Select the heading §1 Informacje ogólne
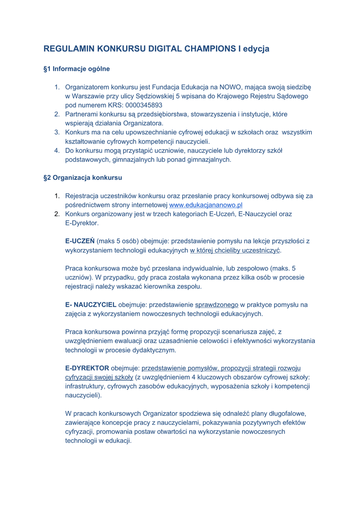click(x=77, y=68)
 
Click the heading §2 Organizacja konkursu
click(x=83, y=177)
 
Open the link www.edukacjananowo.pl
click(x=206, y=205)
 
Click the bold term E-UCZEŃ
click(x=80, y=241)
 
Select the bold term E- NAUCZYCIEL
click(x=91, y=304)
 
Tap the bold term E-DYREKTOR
click(x=87, y=368)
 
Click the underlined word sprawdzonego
click(x=217, y=304)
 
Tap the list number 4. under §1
click(x=57, y=150)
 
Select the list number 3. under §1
click(x=57, y=132)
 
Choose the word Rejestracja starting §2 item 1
click(x=87, y=196)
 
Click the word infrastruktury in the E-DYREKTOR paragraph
click(x=88, y=386)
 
